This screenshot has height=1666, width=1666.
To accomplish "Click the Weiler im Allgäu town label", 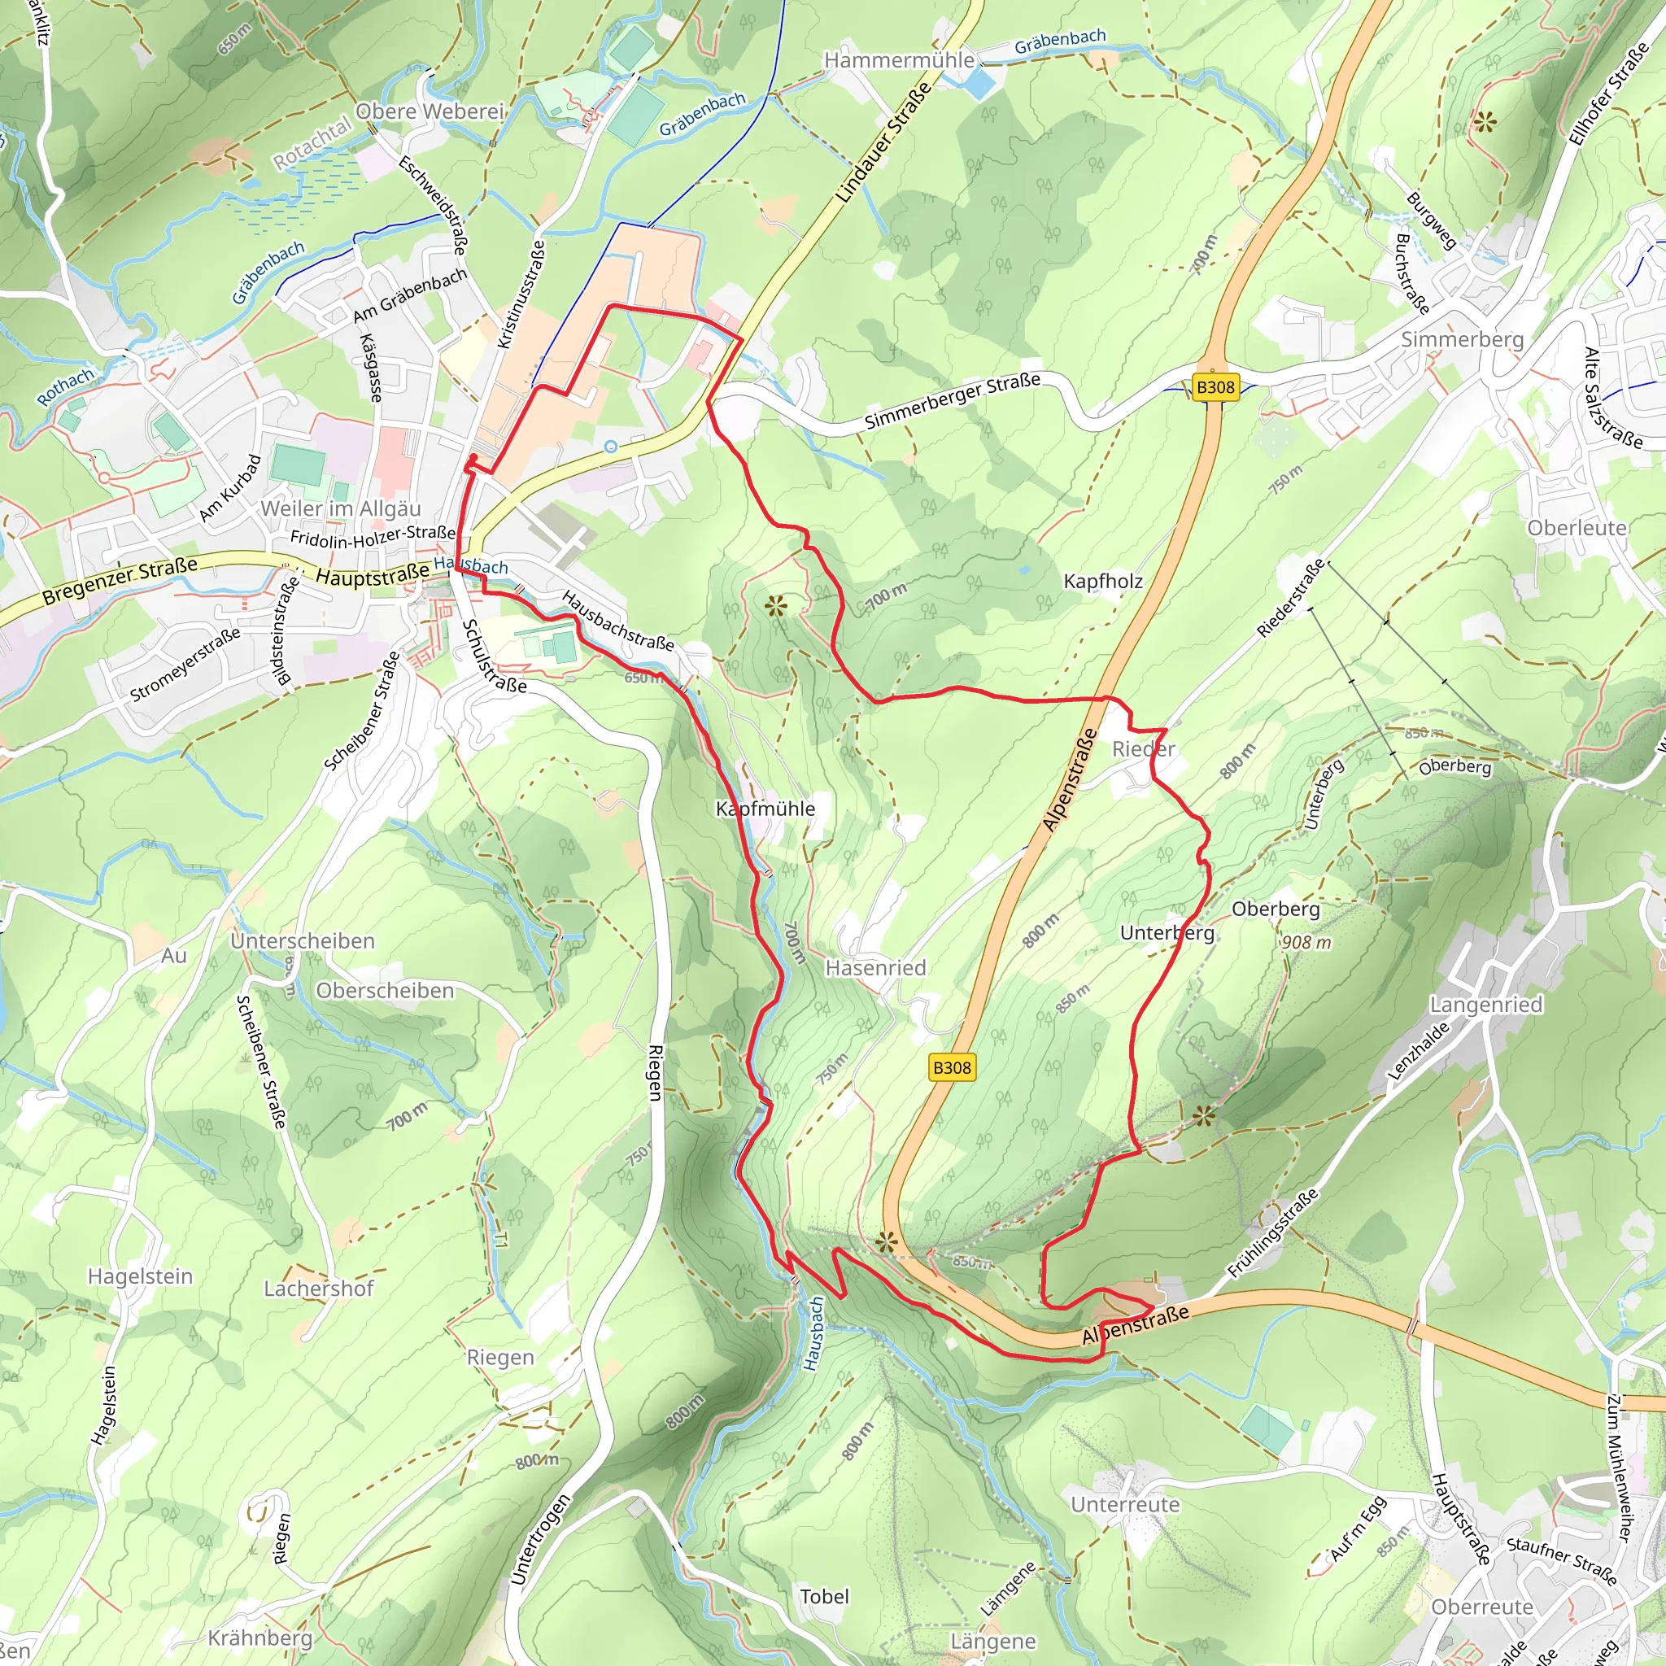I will pos(341,508).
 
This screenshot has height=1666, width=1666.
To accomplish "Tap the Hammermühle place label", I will pos(899,60).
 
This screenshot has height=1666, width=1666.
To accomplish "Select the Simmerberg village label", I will pos(1462,339).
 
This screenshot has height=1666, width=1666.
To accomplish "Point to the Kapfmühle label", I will pos(765,808).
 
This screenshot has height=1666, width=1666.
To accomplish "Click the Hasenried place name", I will pos(875,967).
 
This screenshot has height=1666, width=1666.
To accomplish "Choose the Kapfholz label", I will pos(1102,581).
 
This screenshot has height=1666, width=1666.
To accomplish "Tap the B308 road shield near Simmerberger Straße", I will pos(1215,387).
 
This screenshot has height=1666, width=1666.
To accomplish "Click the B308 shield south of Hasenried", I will pos(952,1067).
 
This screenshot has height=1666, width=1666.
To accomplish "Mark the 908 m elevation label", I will pos(1306,943).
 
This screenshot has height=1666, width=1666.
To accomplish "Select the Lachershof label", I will pos(318,1289).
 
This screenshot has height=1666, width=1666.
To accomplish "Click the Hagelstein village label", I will pos(141,1276).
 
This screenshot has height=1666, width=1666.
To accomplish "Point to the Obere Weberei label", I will pos(429,111).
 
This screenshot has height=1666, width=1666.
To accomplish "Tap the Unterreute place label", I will pos(1124,1505).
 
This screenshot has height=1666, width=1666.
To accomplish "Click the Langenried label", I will pos(1485,1005).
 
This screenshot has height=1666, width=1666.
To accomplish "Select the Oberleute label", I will pos(1577,528).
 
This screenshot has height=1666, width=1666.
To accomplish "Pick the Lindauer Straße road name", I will pos(884,143).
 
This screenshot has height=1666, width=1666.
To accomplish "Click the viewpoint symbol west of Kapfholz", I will pos(776,606).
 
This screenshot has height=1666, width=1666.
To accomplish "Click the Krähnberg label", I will pos(259,1638).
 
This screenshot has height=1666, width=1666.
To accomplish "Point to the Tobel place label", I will pos(824,1596).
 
